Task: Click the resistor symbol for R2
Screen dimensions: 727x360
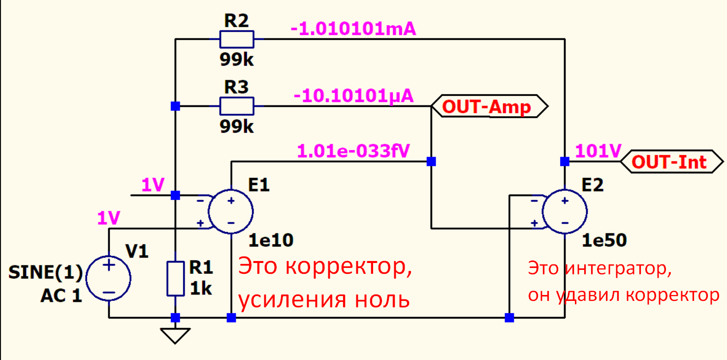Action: [x=237, y=39]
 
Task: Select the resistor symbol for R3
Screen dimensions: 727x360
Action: [x=237, y=106]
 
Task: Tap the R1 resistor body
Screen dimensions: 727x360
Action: [x=176, y=279]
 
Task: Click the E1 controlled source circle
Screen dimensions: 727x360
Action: [x=231, y=212]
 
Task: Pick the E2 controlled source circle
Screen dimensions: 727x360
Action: [x=565, y=212]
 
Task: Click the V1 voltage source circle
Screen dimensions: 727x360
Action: [x=109, y=278]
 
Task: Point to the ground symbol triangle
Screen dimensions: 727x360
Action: [x=175, y=336]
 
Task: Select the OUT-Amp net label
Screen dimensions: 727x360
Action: [x=489, y=106]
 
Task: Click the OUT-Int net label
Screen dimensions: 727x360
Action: [x=672, y=162]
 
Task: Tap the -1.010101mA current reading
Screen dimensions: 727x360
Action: [x=353, y=29]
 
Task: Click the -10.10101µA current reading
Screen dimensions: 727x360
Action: [x=353, y=96]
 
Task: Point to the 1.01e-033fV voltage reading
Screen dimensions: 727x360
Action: [x=353, y=151]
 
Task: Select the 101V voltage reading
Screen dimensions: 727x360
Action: [x=598, y=151]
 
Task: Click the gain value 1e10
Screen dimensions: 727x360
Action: [x=271, y=240]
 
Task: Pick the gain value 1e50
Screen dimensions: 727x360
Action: [x=604, y=240]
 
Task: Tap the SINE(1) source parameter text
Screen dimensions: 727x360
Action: [x=46, y=272]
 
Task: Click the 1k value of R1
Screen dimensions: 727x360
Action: [x=201, y=288]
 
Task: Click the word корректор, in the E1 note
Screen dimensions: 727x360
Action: [x=349, y=267]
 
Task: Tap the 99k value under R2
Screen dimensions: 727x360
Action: [x=237, y=60]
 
